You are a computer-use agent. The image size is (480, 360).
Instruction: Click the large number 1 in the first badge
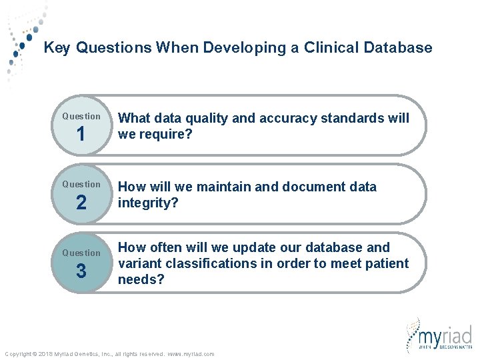[x=81, y=135]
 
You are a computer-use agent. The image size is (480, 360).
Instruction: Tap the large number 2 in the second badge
[x=81, y=203]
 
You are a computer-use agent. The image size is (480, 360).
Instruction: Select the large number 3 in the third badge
[x=81, y=271]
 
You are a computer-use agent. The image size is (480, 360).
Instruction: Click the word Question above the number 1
[x=81, y=116]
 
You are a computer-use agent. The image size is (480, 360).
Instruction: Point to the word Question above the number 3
[x=81, y=253]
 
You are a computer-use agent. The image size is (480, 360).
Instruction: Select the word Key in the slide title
[x=57, y=48]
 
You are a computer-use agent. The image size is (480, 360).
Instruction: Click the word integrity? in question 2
[x=148, y=203]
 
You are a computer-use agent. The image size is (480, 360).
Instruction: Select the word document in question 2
[x=311, y=187]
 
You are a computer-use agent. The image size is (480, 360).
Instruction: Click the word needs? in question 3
[x=140, y=279]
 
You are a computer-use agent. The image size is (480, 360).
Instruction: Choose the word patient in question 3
[x=385, y=264]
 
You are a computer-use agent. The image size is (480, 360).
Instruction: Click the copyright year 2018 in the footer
[x=45, y=354]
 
